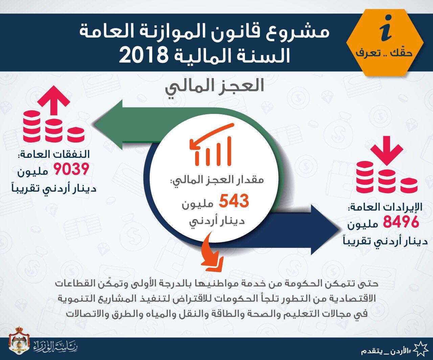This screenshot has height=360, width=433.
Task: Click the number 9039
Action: point(71,169)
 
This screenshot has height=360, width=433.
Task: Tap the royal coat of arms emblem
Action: point(19,338)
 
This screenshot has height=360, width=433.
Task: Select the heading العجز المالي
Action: point(214,87)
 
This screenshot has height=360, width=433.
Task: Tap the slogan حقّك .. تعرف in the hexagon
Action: point(384,53)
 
